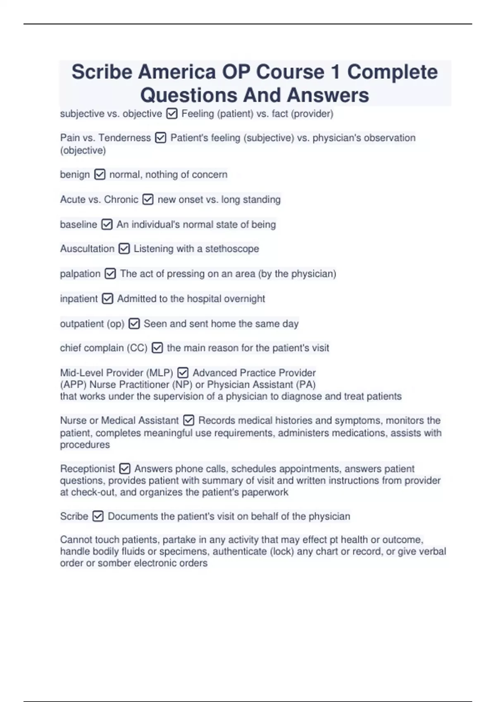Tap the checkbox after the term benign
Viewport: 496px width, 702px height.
[x=100, y=175]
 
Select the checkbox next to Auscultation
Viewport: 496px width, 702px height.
[x=124, y=249]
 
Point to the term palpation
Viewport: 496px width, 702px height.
[x=80, y=274]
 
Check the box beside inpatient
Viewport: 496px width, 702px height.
[x=107, y=299]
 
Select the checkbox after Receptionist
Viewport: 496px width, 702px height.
[x=124, y=469]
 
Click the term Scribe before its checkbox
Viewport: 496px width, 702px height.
[x=74, y=516]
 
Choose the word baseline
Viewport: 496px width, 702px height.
[x=79, y=225]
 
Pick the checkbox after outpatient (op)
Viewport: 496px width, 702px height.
[x=134, y=324]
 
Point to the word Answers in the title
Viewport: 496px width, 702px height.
[x=328, y=95]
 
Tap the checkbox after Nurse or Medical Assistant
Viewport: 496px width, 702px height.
[x=188, y=420]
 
